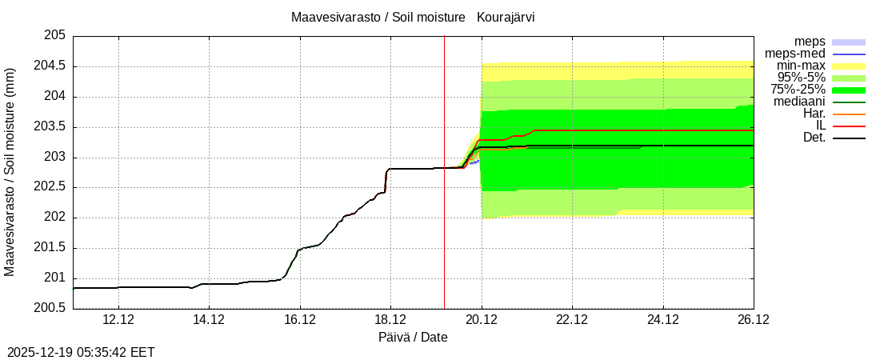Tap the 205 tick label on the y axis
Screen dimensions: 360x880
coord(54,35)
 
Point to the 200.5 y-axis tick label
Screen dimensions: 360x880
coord(50,308)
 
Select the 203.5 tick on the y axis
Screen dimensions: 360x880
coord(50,126)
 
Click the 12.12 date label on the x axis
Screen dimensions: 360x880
coord(118,319)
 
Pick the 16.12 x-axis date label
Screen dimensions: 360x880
coord(299,319)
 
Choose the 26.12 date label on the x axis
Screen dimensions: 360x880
coord(754,319)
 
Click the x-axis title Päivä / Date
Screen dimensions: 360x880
coord(413,337)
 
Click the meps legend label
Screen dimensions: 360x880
coord(810,42)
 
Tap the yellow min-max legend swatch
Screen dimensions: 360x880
coord(849,66)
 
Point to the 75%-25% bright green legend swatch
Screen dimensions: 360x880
coord(849,90)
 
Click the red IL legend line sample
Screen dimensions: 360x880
coord(849,126)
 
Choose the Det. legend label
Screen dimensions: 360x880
coord(814,138)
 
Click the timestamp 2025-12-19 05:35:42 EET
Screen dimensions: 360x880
coord(81,352)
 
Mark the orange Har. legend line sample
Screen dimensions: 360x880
coord(849,114)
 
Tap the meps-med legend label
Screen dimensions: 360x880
coord(795,54)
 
